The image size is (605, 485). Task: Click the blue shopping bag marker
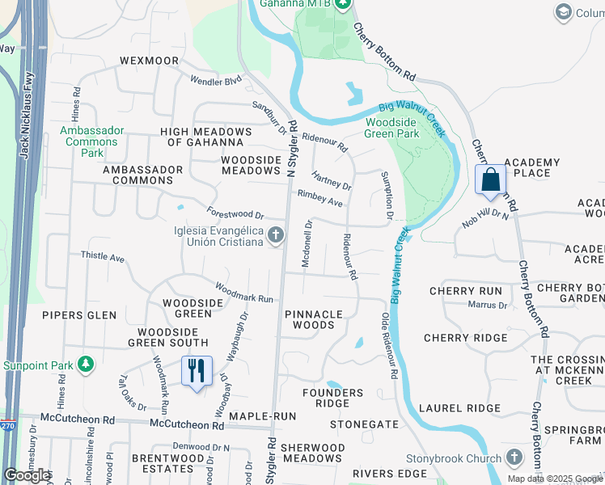[491, 179]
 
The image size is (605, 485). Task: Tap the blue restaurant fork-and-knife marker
[197, 372]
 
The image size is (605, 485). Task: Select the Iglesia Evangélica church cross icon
[275, 235]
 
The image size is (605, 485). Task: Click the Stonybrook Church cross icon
[513, 457]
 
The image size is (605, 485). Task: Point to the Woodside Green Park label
[392, 128]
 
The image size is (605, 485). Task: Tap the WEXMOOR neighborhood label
[148, 61]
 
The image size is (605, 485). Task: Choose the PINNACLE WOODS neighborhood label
[313, 319]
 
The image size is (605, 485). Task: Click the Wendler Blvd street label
[216, 81]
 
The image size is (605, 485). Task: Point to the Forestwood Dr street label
[235, 215]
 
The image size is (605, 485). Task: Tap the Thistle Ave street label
[103, 257]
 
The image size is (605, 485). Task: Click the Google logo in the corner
[27, 475]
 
